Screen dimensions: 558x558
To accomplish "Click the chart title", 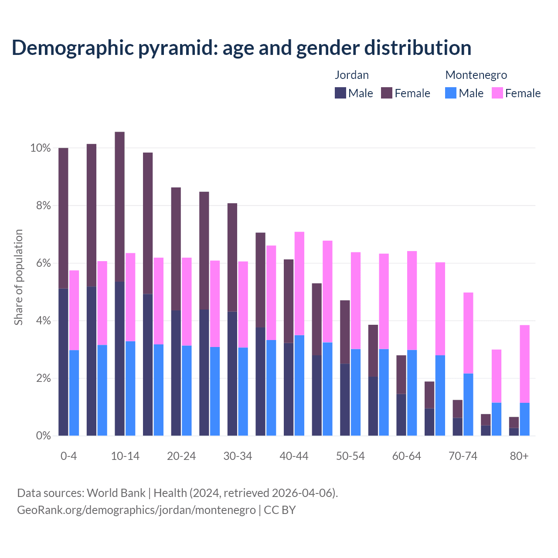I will [242, 48].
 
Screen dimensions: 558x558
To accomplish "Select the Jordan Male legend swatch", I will [340, 93].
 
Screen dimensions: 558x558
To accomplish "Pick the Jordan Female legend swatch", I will [387, 93].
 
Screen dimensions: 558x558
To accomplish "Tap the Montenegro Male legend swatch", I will [451, 93].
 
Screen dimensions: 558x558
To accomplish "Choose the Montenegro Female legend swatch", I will [497, 93].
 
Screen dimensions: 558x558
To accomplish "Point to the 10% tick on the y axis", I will [41, 148].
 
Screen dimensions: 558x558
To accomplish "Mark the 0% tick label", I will [43, 436].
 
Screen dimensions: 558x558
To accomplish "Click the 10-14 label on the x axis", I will [125, 456].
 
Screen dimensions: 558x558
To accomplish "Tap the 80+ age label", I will [519, 456].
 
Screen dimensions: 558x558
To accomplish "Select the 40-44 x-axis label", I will [294, 456].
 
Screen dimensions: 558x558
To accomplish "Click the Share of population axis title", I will [18, 277].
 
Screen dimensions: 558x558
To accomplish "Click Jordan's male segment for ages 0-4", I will [63, 362].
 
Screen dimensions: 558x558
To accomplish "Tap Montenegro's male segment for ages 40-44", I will [299, 385].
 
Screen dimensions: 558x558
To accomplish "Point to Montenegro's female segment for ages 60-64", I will [412, 301].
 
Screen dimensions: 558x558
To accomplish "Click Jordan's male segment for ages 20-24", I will [176, 373].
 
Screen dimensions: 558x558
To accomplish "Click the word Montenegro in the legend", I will [476, 75].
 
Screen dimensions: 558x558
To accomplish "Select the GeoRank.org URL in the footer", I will [136, 510].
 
